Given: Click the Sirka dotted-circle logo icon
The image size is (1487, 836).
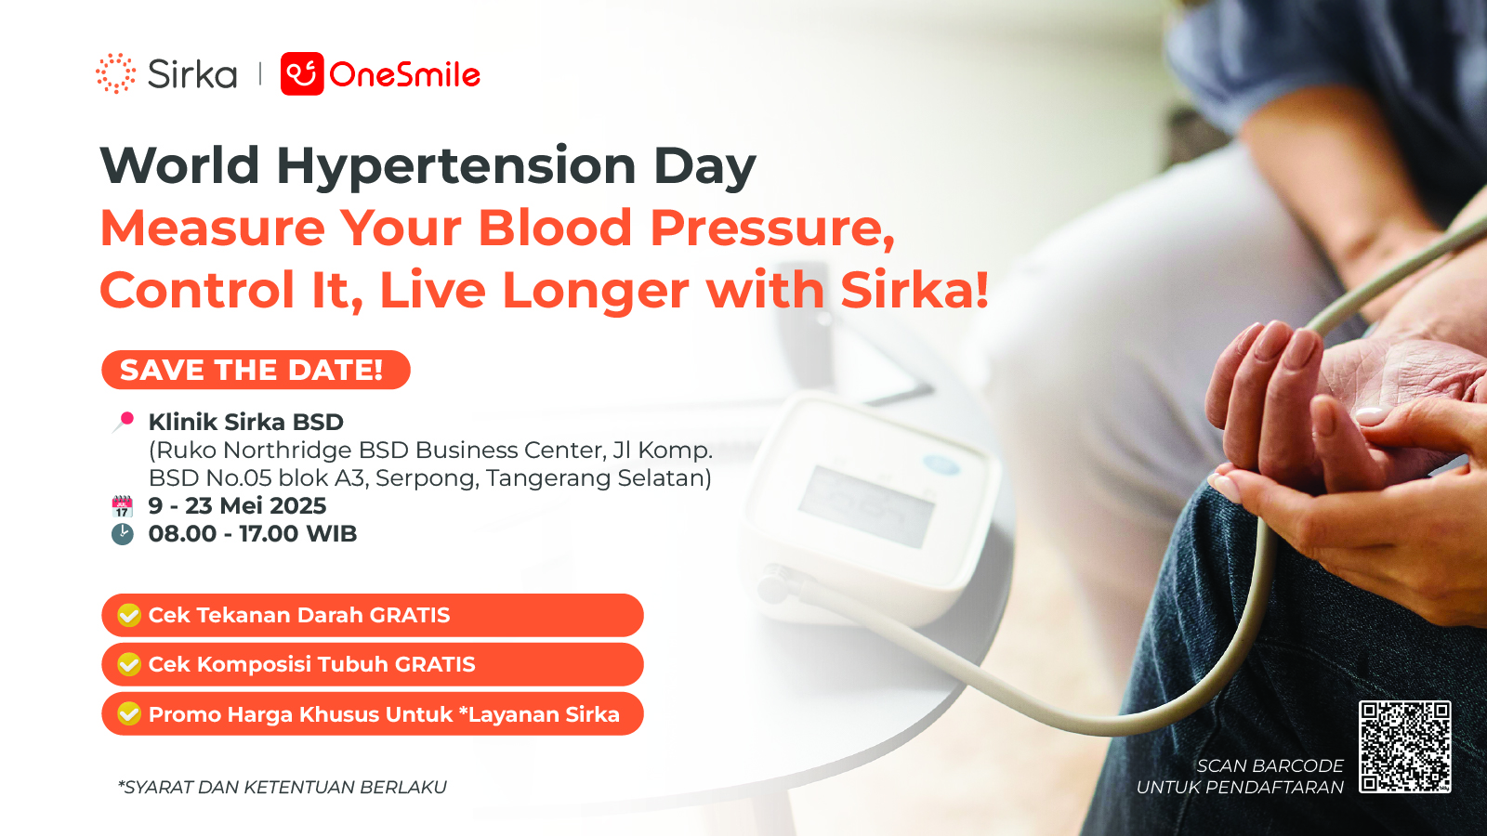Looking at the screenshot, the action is (x=115, y=73).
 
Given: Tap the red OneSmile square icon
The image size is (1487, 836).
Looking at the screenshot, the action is (x=302, y=73).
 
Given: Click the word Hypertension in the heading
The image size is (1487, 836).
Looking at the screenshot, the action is (x=456, y=166).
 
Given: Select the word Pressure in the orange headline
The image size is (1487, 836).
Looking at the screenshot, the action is (x=772, y=229).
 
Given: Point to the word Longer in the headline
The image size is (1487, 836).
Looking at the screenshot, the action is (x=596, y=292).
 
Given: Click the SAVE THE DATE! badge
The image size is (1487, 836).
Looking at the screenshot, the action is (x=256, y=370).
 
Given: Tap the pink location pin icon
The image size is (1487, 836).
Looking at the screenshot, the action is (x=124, y=422).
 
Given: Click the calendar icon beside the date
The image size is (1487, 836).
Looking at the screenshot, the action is (x=122, y=506).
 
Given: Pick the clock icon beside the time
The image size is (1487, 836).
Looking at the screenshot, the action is (x=122, y=534).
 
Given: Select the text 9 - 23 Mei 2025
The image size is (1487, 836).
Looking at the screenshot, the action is (x=237, y=505).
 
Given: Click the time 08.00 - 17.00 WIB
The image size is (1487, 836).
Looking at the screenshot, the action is (x=252, y=533).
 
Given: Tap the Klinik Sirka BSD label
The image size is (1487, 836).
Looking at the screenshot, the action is (x=245, y=422).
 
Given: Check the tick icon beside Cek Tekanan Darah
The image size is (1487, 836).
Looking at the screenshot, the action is (x=129, y=615).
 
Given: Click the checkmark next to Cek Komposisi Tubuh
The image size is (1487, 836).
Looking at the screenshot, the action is (x=129, y=664).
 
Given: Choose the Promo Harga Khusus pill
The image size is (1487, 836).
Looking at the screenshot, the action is (x=373, y=714).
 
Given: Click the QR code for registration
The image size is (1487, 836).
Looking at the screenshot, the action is (x=1404, y=747).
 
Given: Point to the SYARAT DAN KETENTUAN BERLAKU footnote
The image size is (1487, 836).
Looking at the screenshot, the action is (x=283, y=787).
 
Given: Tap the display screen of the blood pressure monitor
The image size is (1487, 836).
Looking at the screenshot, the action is (x=866, y=505).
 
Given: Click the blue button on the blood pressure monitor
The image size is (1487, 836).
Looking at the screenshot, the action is (x=941, y=464).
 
